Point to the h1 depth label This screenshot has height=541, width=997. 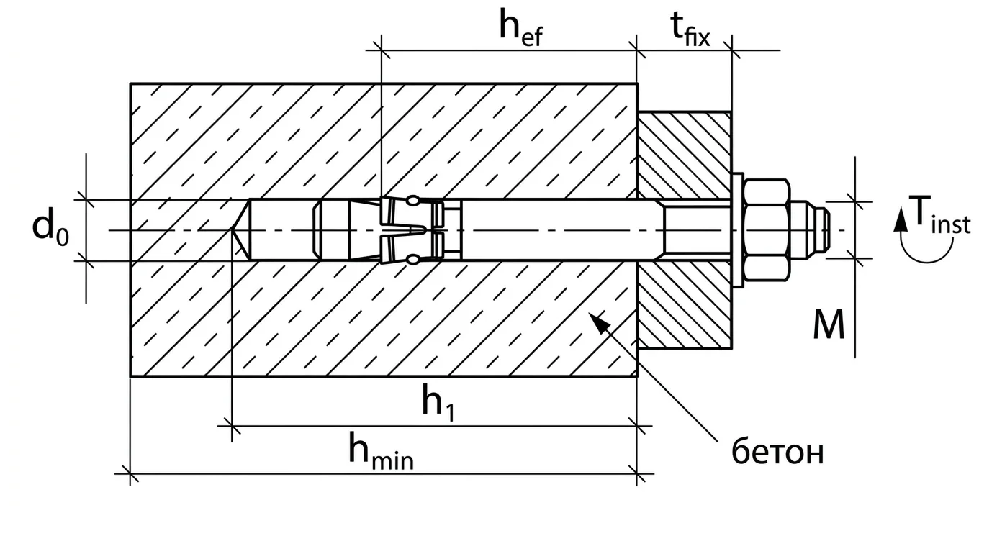tap(441, 404)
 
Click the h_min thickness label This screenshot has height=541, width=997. tap(380, 453)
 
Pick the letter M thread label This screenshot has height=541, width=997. tap(829, 326)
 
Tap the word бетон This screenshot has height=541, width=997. tap(777, 453)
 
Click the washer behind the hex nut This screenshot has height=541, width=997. tap(737, 230)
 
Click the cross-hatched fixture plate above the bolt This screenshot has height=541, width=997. tap(684, 151)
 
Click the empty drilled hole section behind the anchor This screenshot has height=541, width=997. tap(281, 230)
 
